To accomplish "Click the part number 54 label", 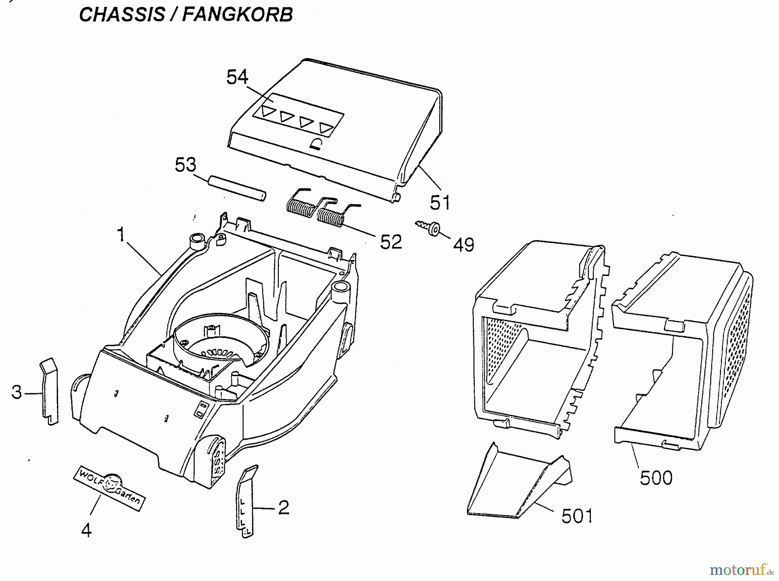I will (x=237, y=78).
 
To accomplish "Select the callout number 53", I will (x=186, y=165).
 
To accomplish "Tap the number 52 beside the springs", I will (x=391, y=242).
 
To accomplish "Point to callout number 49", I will (x=464, y=245).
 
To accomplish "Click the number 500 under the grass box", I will (x=656, y=478).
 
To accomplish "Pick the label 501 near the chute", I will (x=577, y=516).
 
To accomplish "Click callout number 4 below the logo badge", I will (x=87, y=530).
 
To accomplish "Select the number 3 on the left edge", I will (x=16, y=393).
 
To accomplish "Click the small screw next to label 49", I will (x=428, y=227).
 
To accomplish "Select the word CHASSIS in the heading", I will (x=122, y=14).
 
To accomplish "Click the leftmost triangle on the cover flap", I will (x=268, y=111).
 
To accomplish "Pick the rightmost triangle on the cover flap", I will (x=326, y=128).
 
